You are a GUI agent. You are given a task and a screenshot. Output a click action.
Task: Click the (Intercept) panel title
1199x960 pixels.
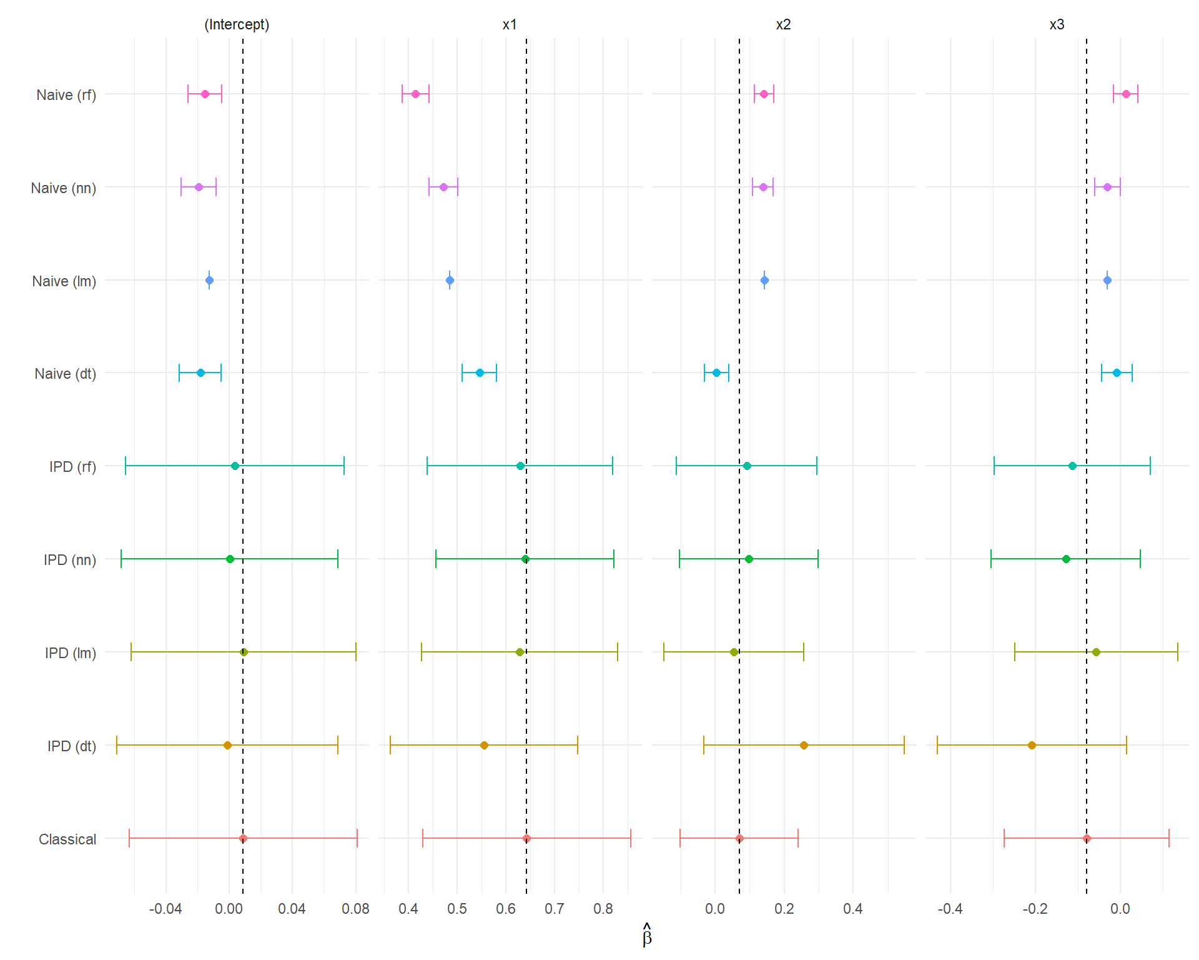pyautogui.click(x=237, y=24)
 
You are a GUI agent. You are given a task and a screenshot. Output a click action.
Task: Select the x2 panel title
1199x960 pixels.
pyautogui.click(x=783, y=24)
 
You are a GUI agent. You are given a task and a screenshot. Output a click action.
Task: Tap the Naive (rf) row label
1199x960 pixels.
pyautogui.click(x=66, y=95)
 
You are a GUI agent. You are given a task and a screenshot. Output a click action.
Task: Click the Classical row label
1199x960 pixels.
pyautogui.click(x=67, y=839)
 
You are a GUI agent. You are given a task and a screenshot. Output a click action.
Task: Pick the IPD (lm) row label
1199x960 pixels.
pyautogui.click(x=71, y=653)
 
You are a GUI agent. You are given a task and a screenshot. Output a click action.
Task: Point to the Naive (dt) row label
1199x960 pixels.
pyautogui.click(x=66, y=374)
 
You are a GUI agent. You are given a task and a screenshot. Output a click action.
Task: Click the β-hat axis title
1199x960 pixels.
pyautogui.click(x=647, y=936)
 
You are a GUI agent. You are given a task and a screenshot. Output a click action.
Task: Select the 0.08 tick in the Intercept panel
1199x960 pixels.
pyautogui.click(x=355, y=909)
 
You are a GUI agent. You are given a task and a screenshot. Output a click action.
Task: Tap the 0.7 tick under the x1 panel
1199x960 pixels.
pyautogui.click(x=555, y=909)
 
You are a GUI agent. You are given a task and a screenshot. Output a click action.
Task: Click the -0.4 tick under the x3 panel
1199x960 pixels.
pyautogui.click(x=950, y=909)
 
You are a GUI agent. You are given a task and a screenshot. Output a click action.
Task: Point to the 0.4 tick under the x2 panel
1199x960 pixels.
pyautogui.click(x=853, y=909)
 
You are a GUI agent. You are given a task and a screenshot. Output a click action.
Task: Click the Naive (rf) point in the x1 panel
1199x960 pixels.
pyautogui.click(x=415, y=94)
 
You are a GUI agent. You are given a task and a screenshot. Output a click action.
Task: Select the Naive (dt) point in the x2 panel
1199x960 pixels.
pyautogui.click(x=716, y=373)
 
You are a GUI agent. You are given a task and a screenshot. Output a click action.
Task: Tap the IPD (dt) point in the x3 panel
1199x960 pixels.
pyautogui.click(x=1032, y=745)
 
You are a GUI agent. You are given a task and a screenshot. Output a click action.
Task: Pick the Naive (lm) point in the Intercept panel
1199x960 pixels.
pyautogui.click(x=209, y=281)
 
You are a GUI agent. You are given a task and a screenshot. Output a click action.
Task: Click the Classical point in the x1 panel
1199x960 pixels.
pyautogui.click(x=526, y=838)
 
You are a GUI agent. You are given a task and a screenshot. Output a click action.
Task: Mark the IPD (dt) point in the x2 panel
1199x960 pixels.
pyautogui.click(x=804, y=745)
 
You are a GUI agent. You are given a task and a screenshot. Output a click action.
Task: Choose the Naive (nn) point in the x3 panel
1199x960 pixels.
pyautogui.click(x=1107, y=187)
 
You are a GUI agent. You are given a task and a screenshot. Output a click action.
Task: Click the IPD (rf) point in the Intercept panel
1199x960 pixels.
pyautogui.click(x=235, y=466)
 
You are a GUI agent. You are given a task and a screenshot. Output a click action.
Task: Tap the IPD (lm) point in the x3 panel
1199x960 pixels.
pyautogui.click(x=1096, y=652)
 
